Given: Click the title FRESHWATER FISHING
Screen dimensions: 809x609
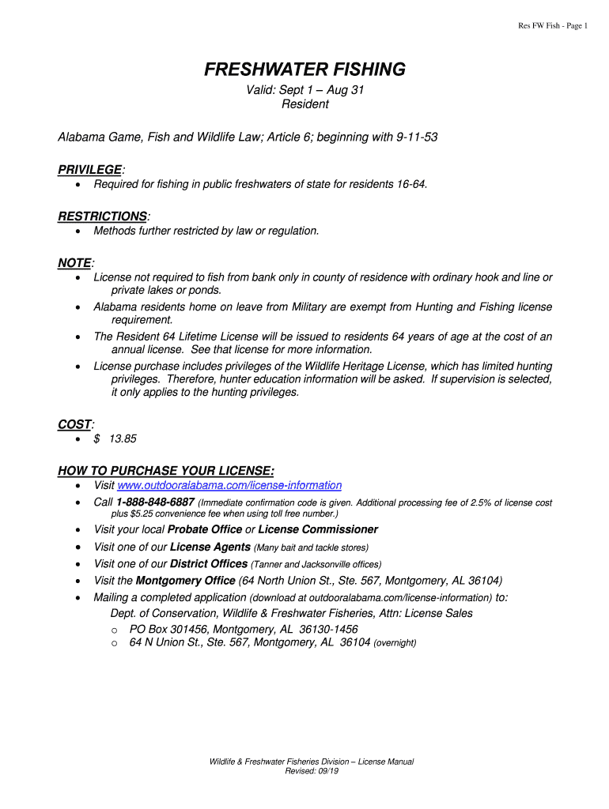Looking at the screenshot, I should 304,70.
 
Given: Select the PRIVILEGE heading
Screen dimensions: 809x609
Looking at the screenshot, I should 90,170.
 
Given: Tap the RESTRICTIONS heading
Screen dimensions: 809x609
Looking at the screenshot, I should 103,216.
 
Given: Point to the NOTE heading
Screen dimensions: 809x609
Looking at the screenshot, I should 74,262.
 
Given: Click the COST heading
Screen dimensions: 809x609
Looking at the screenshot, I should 74,424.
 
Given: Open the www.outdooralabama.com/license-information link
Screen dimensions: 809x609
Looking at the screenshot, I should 229,485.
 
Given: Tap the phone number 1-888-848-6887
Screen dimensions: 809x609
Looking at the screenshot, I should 155,502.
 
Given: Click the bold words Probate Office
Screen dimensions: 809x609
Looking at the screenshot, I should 204,529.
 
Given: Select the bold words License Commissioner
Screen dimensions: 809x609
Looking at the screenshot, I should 318,529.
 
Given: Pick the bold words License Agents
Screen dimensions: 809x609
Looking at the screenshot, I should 210,547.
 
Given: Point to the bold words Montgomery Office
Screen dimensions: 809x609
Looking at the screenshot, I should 186,580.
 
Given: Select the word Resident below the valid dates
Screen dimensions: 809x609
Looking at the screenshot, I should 304,103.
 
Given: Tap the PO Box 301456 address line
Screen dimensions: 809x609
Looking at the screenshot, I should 244,629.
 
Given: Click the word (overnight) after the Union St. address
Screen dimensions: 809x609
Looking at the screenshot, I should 395,643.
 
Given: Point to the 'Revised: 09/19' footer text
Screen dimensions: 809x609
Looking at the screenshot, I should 312,771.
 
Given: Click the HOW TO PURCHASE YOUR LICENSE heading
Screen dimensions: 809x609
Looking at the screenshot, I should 166,470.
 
